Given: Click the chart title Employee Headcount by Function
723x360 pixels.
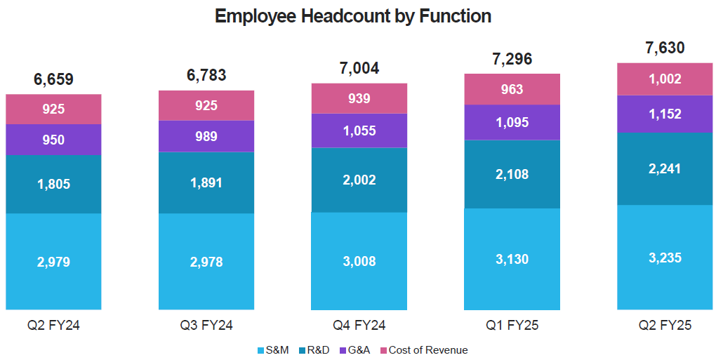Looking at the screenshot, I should pos(352,16).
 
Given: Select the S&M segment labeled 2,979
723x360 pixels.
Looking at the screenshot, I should pos(53,262).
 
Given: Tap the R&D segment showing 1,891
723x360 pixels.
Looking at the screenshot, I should pos(206,182).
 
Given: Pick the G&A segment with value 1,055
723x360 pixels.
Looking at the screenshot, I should pos(359,131).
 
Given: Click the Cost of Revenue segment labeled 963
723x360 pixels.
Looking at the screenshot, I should pos(512,89).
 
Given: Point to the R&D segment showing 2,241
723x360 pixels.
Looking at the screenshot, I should pos(665,168).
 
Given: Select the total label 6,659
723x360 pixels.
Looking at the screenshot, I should pos(53,79).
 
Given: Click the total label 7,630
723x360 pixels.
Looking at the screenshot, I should pos(665,48).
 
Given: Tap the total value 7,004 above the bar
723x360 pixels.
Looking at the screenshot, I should pos(359,68).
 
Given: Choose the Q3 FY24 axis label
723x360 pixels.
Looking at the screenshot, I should pos(206,326).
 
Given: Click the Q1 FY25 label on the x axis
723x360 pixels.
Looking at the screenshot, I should pos(512,326).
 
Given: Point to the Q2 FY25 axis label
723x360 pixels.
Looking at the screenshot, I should pos(665,326).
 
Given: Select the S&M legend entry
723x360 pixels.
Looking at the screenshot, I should pos(274,350).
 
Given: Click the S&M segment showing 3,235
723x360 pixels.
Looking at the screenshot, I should pos(665,257).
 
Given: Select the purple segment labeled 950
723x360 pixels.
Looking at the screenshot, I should pos(53,140).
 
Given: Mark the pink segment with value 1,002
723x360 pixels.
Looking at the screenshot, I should pos(665,79).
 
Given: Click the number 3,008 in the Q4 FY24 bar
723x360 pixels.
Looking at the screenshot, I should pos(359,262).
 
